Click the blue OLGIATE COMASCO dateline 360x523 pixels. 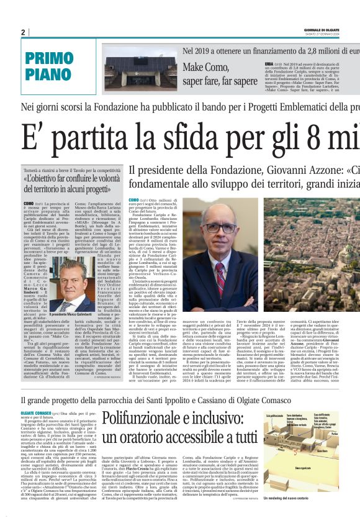tap(38, 412)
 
